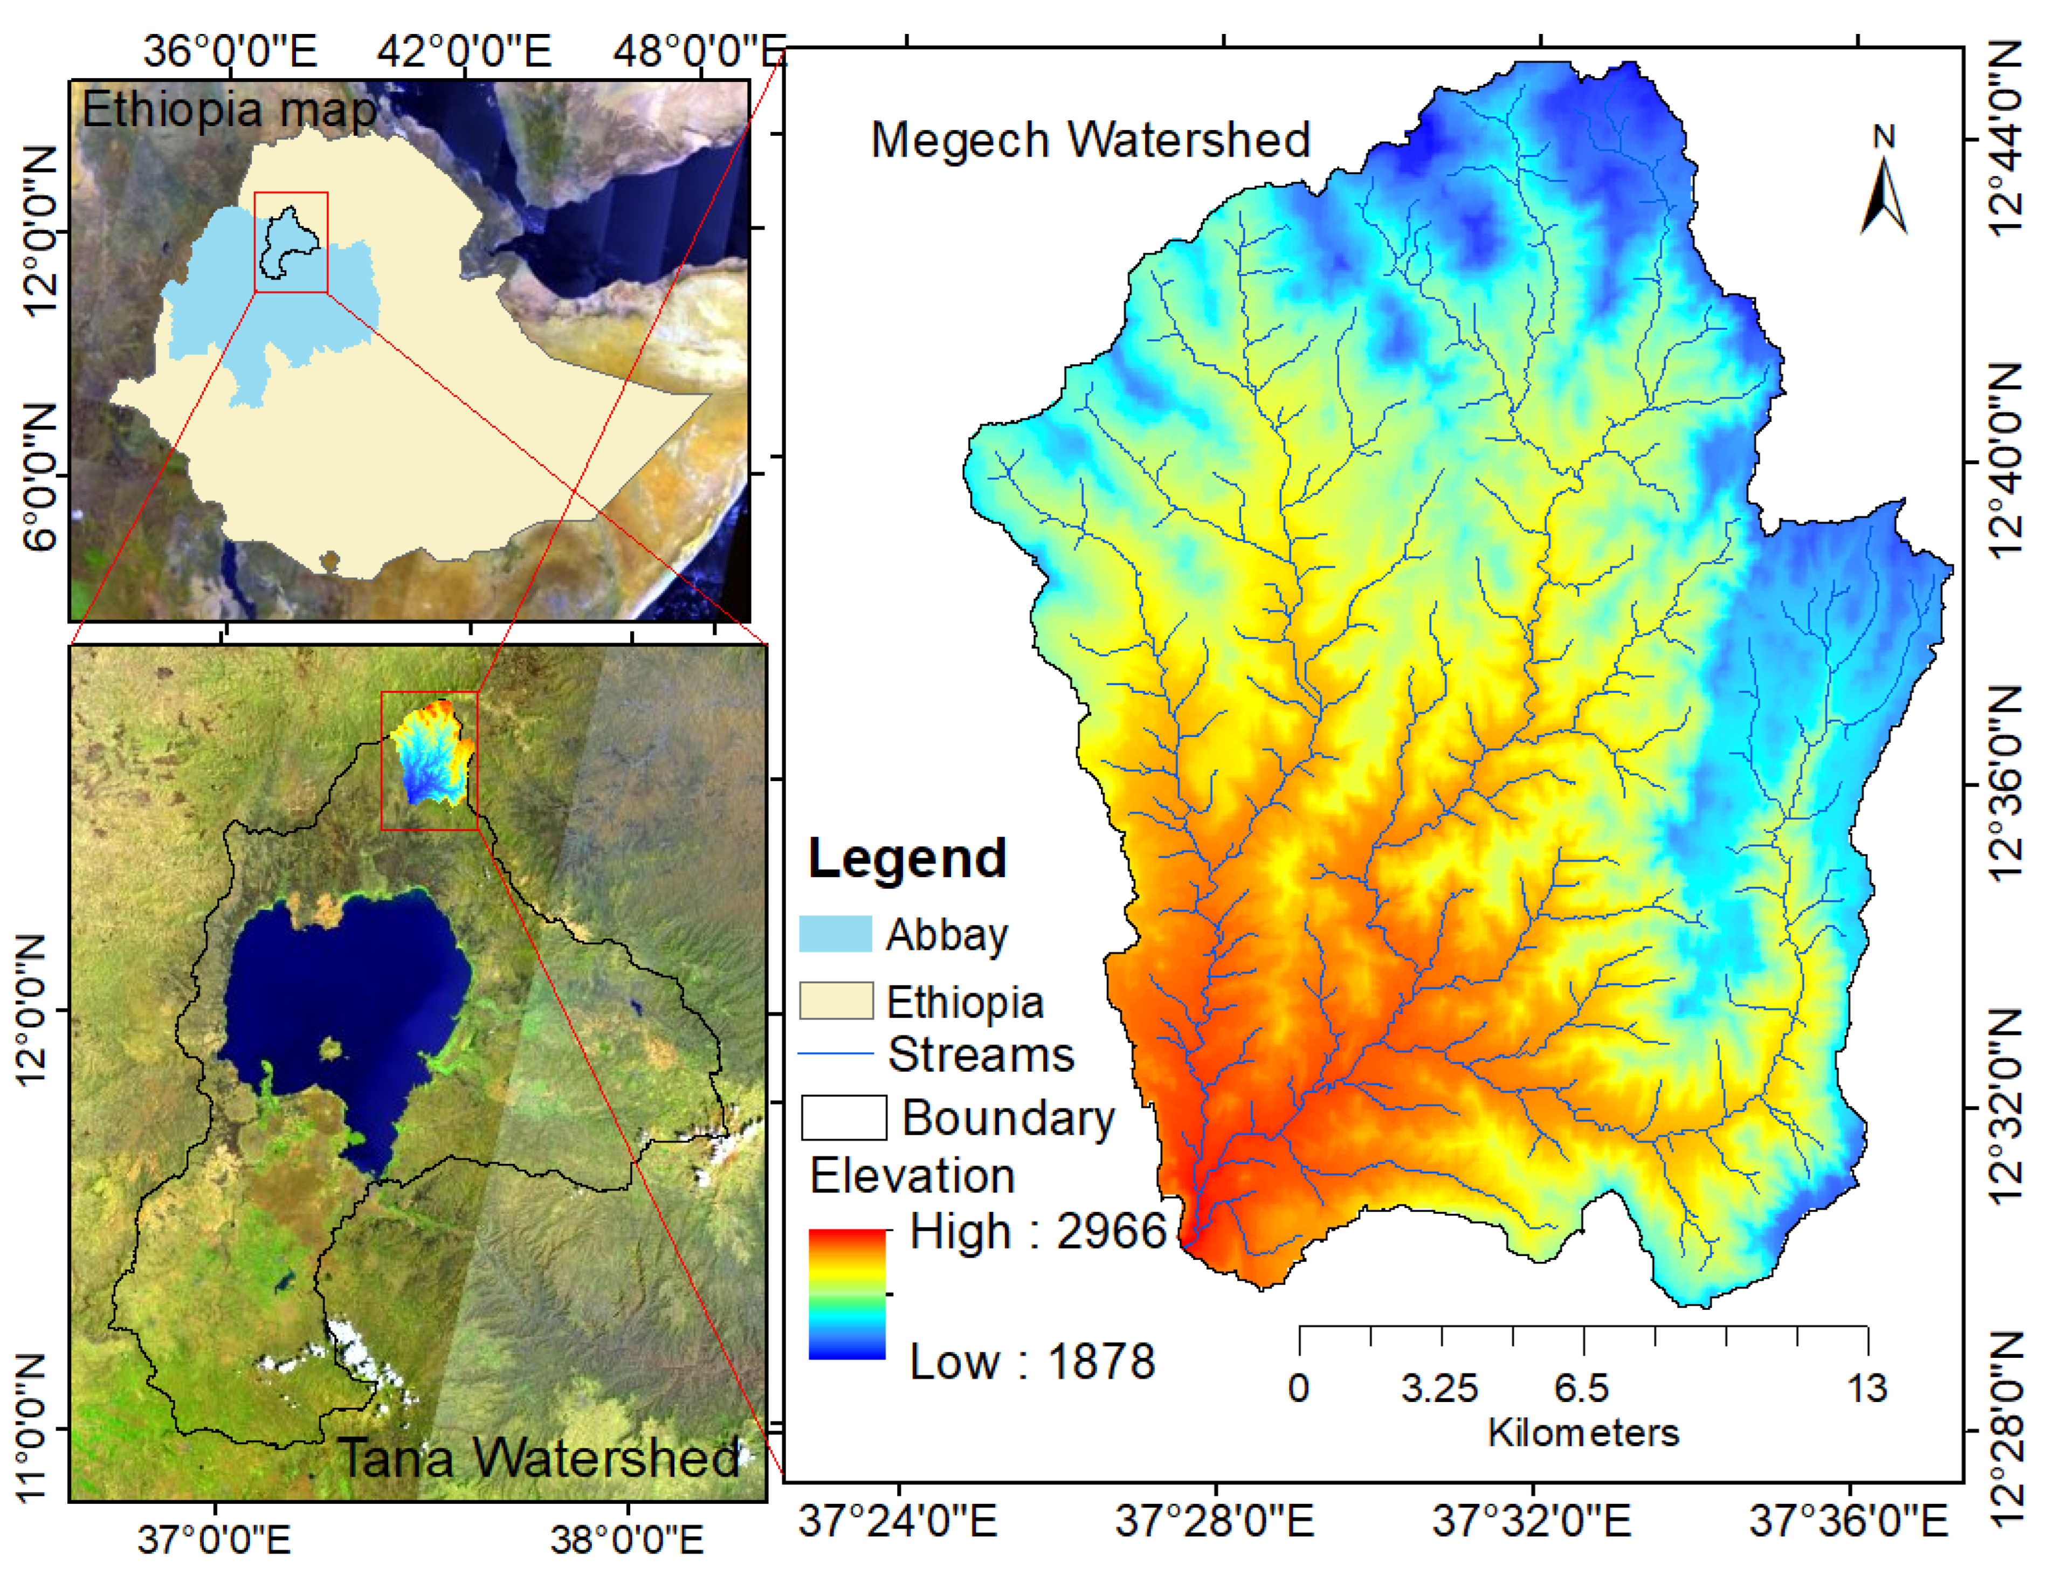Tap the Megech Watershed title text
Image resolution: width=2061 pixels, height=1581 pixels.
pos(1090,140)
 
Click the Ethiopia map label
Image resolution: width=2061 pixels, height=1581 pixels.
pos(229,110)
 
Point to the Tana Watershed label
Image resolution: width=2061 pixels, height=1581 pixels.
pos(539,1458)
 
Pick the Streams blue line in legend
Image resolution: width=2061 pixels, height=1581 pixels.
pos(835,1054)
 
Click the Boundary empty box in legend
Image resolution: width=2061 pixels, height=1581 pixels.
pos(843,1117)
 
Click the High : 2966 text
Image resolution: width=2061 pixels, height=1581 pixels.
pos(1037,1231)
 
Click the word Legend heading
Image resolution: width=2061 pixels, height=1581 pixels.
pos(906,858)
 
